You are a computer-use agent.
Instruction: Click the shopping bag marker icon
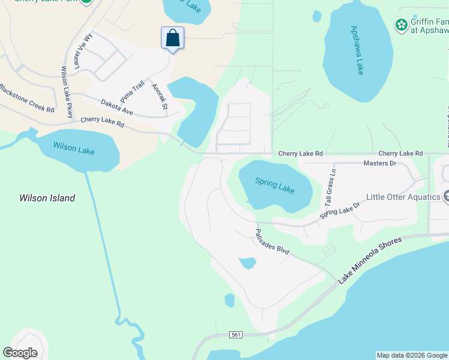pyautogui.click(x=172, y=38)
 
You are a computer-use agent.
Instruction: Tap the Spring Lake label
pyautogui.click(x=275, y=185)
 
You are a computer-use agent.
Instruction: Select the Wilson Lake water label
pyautogui.click(x=74, y=148)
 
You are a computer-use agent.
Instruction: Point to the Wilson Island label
pyautogui.click(x=47, y=198)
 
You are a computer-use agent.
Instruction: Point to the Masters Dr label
pyautogui.click(x=380, y=163)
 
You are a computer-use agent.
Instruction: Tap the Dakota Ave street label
pyautogui.click(x=117, y=107)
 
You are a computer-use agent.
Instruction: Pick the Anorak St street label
pyautogui.click(x=159, y=97)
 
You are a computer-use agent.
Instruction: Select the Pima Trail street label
pyautogui.click(x=133, y=91)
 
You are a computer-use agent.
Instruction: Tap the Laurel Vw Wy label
pyautogui.click(x=83, y=55)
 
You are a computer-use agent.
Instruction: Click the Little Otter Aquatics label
pyautogui.click(x=403, y=197)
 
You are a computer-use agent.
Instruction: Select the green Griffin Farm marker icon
pyautogui.click(x=401, y=25)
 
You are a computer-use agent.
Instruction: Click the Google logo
pyautogui.click(x=20, y=352)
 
